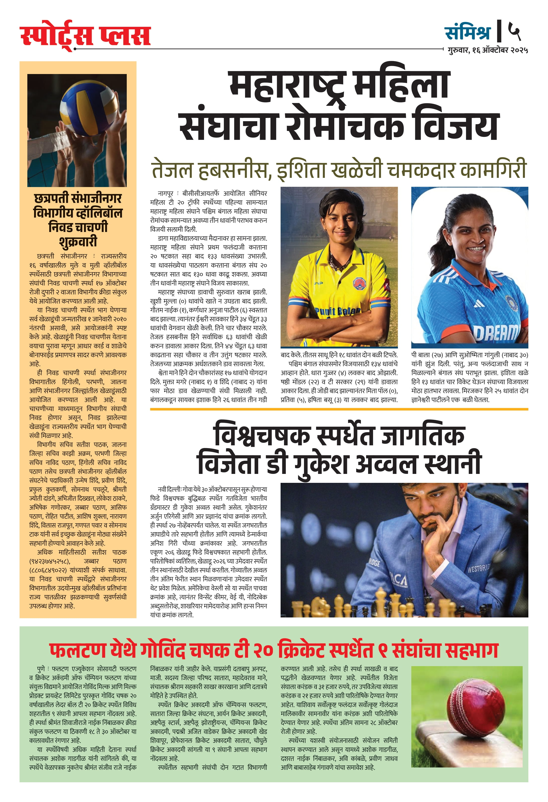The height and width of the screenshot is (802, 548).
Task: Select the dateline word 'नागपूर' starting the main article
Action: [x=166, y=193]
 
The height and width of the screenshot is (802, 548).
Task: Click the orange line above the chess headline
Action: [x=339, y=409]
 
